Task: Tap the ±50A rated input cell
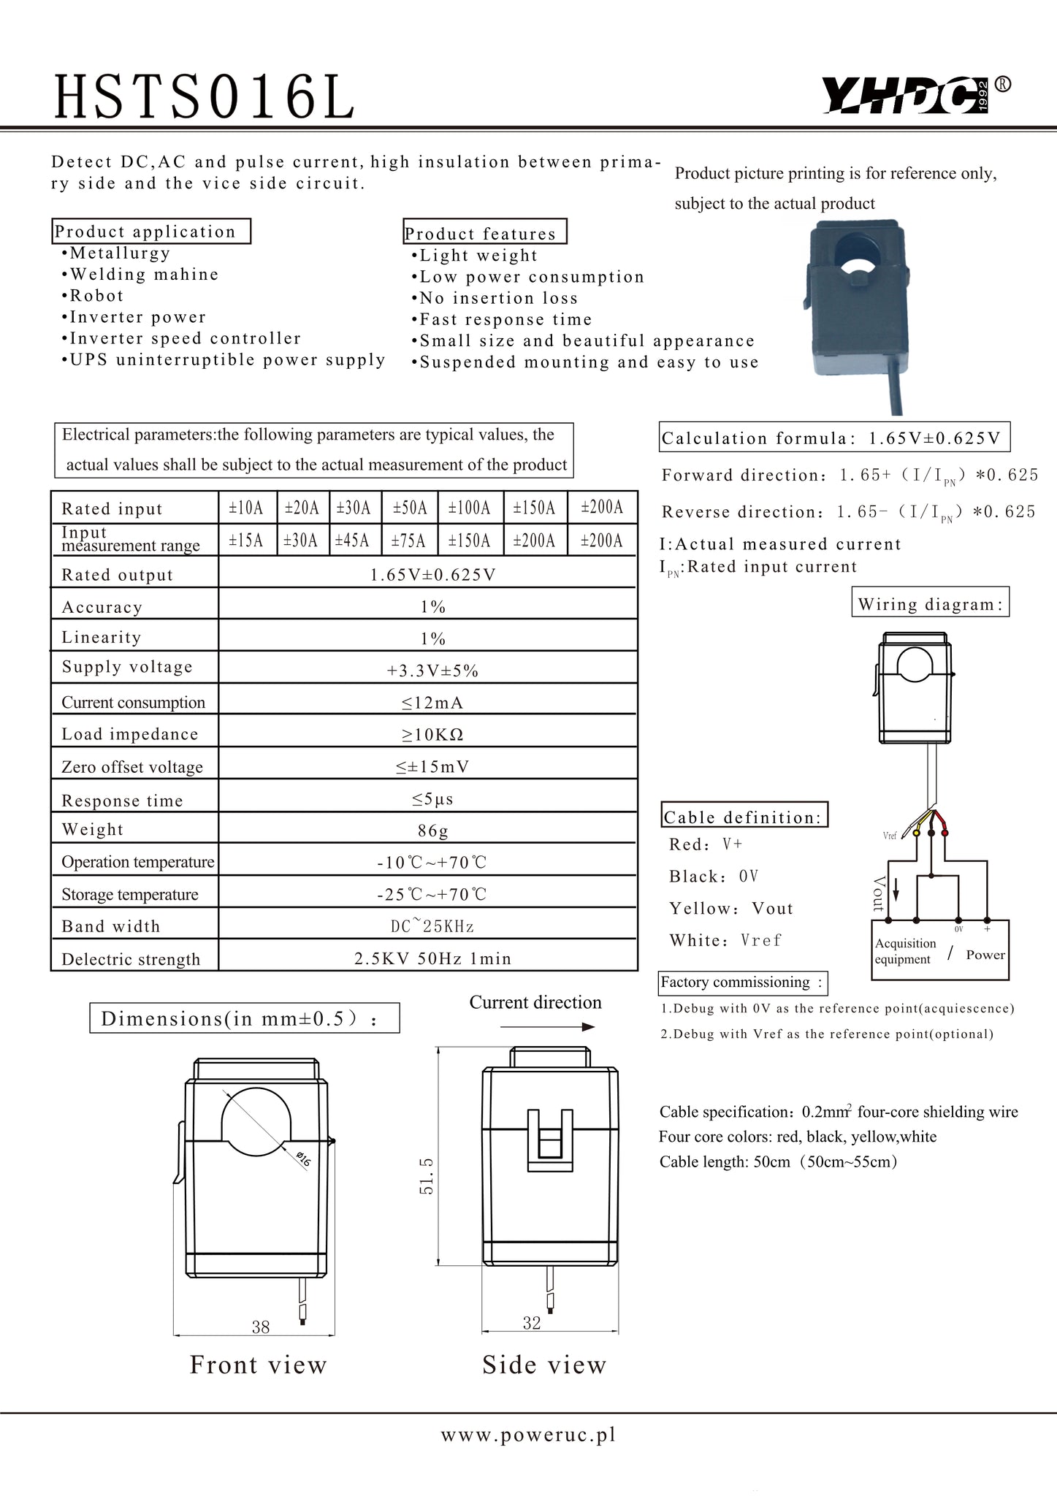(409, 508)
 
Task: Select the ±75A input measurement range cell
(409, 541)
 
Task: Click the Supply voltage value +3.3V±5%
(432, 671)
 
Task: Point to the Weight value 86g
(432, 831)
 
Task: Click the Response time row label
(122, 801)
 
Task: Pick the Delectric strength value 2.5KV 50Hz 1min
(432, 958)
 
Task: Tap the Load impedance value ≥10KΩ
(432, 735)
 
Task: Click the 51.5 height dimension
(427, 1175)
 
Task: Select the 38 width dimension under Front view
(261, 1327)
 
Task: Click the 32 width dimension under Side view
(532, 1323)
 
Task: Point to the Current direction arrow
(548, 1027)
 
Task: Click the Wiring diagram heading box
(930, 604)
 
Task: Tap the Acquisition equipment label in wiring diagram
(906, 951)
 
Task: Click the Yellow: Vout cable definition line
(730, 908)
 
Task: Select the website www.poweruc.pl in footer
(528, 1435)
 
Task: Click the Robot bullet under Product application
(96, 296)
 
